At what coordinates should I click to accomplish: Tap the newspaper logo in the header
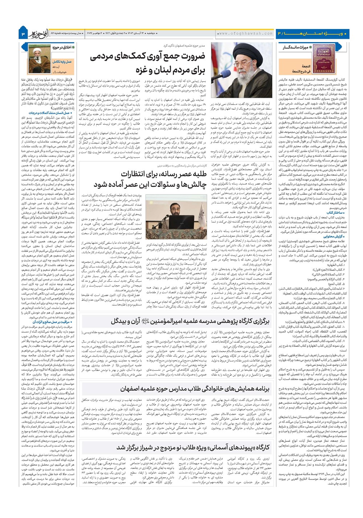click(37, 33)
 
